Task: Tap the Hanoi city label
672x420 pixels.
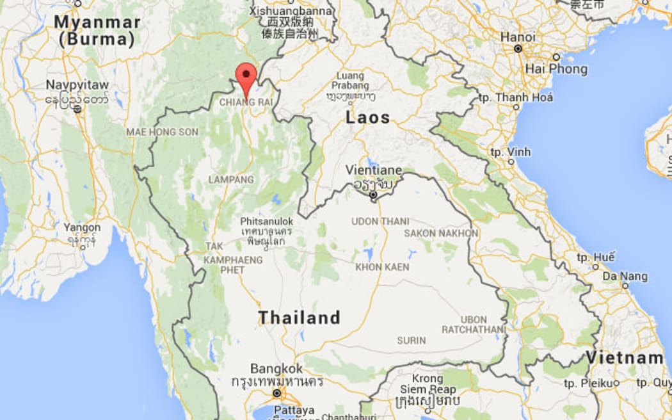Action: pyautogui.click(x=518, y=37)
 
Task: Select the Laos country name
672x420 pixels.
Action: pyautogui.click(x=367, y=118)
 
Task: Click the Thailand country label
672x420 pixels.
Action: pyautogui.click(x=299, y=318)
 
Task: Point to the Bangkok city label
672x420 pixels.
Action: pyautogui.click(x=276, y=369)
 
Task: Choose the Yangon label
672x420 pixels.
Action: pyautogui.click(x=82, y=227)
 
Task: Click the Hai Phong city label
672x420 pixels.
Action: pyautogui.click(x=556, y=69)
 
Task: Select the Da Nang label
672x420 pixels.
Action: pyautogui.click(x=624, y=277)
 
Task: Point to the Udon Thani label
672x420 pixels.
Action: pyautogui.click(x=380, y=222)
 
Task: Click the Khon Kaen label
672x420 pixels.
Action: pyautogui.click(x=382, y=267)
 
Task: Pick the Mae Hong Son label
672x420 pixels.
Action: pyautogui.click(x=162, y=132)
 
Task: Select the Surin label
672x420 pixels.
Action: pyautogui.click(x=411, y=341)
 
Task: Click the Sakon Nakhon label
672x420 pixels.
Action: pyautogui.click(x=440, y=233)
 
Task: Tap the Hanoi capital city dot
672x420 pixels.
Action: pyautogui.click(x=518, y=49)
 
